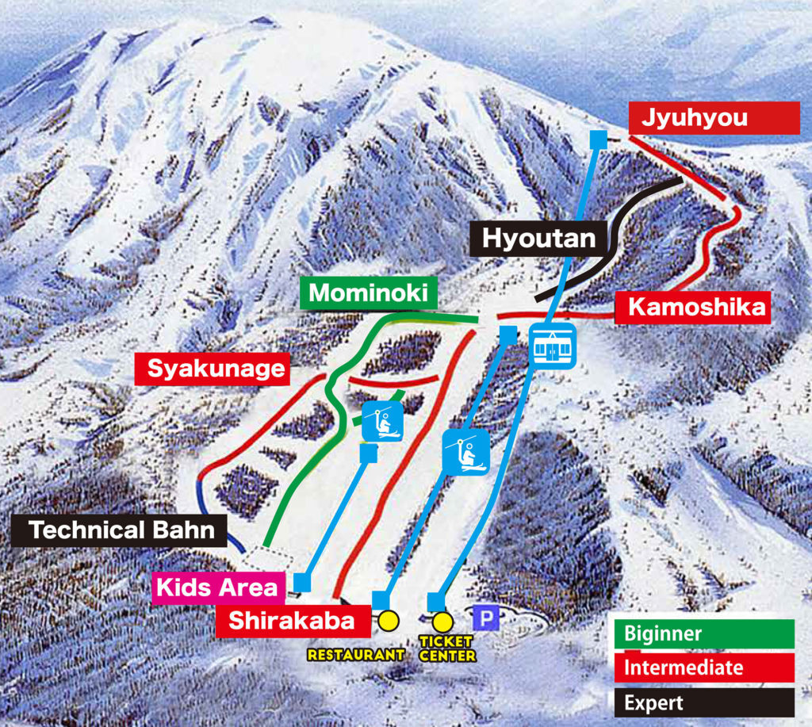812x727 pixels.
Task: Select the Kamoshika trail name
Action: point(692,308)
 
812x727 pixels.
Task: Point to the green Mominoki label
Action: point(368,293)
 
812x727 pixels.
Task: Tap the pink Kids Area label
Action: point(217,587)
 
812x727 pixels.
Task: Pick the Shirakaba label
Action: point(292,621)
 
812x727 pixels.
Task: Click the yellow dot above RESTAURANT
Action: point(388,620)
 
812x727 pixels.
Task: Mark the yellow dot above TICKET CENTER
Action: point(442,621)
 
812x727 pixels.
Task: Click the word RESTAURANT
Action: point(356,654)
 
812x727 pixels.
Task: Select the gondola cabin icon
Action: point(553,347)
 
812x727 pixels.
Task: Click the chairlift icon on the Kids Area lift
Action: point(384,419)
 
